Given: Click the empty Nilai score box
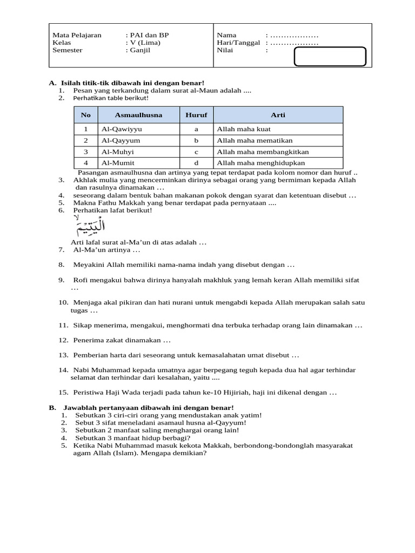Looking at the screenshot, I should coord(330,56).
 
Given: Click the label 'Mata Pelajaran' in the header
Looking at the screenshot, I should coord(77,35).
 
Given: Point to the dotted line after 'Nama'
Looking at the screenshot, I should coord(294,35).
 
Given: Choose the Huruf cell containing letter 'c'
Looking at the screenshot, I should coord(196,152).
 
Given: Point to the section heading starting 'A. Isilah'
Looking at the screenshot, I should coord(126,83).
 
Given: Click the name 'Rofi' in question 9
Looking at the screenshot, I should coord(81,280).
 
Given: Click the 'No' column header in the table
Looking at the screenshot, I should coord(86,115).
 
